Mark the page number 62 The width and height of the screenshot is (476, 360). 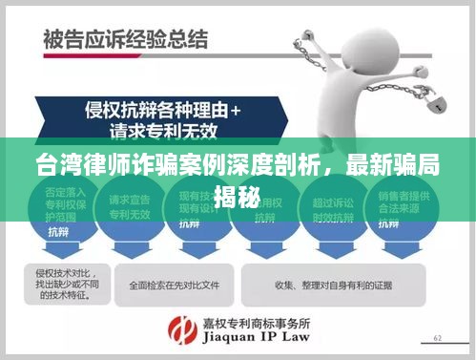tap(438, 337)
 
